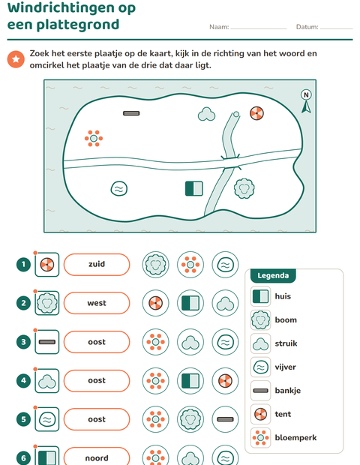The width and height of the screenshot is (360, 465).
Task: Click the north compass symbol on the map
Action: [306, 101]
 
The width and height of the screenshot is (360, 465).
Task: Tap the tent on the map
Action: [256, 113]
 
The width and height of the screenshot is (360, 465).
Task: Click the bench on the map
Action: [131, 113]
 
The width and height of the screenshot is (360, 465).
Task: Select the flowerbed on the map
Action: [94, 139]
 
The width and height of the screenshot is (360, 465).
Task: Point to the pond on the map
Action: [119, 189]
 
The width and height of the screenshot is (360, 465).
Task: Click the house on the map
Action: [194, 188]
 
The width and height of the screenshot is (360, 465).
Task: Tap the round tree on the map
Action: [244, 188]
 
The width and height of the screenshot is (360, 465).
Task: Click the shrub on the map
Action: [206, 114]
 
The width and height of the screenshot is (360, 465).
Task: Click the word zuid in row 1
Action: [97, 264]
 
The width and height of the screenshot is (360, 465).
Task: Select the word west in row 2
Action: [97, 303]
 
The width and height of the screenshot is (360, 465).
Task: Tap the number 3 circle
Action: [23, 342]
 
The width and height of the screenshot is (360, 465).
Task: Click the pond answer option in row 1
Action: [225, 265]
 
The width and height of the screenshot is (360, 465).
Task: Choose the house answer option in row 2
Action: [190, 304]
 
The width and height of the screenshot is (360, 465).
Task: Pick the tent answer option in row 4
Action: [225, 381]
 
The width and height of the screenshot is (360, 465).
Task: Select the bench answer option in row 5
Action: [225, 419]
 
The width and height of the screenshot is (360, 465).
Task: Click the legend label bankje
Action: [288, 391]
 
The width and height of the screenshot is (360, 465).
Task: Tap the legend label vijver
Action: [285, 367]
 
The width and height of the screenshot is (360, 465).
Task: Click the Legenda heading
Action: [273, 276]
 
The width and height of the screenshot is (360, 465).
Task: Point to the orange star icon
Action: [16, 59]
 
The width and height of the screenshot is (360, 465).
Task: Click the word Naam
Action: [219, 27]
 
